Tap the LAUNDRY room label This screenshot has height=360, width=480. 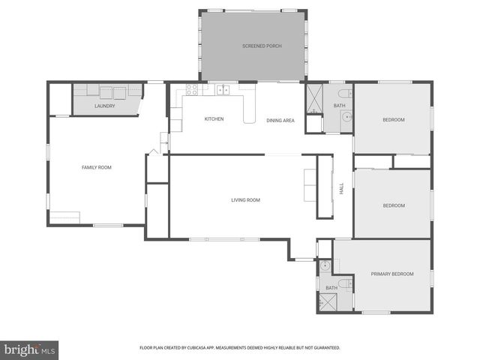pyautogui.click(x=105, y=106)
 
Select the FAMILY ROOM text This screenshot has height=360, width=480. pyautogui.click(x=96, y=167)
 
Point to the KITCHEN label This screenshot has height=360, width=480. pyautogui.click(x=214, y=119)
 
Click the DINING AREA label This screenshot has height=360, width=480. pyautogui.click(x=280, y=120)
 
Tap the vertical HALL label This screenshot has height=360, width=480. pyautogui.click(x=342, y=190)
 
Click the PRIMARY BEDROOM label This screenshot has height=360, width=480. pyautogui.click(x=392, y=274)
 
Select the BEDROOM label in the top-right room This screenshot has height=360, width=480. pyautogui.click(x=394, y=120)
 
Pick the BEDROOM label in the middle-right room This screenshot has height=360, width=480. pyautogui.click(x=394, y=205)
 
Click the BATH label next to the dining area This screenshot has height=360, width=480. pyautogui.click(x=340, y=106)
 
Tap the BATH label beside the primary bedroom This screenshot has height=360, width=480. pyautogui.click(x=331, y=288)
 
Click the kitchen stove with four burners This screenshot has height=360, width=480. pyautogui.click(x=191, y=90)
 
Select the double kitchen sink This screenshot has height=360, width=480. pyautogui.click(x=223, y=90)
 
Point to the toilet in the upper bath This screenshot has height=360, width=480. pyautogui.click(x=344, y=93)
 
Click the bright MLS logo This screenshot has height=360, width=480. pyautogui.click(x=29, y=349)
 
